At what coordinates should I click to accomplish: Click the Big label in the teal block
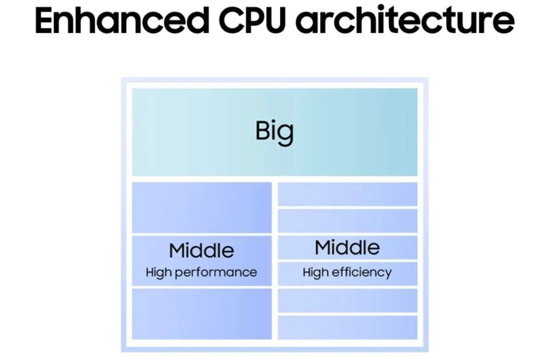point(275,131)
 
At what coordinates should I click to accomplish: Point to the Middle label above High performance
point(202,251)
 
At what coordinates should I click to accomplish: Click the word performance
point(215,272)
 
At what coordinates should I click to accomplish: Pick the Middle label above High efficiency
point(347,248)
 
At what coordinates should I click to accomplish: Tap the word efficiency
point(362,272)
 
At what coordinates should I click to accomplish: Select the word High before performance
point(158,272)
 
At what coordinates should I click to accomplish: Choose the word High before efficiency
point(316,272)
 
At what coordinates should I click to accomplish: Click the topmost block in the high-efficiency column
point(348,194)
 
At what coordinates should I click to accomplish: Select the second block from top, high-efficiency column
point(348,221)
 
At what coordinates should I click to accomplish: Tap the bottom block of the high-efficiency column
point(348,327)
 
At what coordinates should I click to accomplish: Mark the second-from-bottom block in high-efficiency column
point(348,300)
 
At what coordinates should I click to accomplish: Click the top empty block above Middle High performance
point(202,208)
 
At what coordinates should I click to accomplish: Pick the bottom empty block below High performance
point(202,314)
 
